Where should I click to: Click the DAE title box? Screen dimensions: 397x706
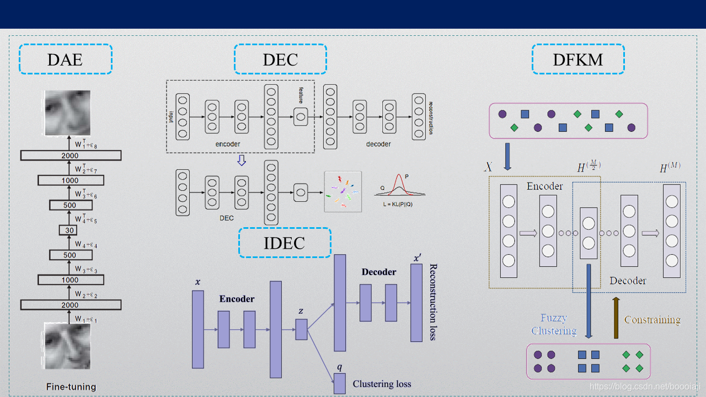pos(65,59)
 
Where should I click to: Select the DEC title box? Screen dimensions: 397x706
pos(280,59)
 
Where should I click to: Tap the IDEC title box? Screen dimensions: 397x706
pos(285,243)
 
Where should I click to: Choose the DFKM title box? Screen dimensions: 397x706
pos(578,59)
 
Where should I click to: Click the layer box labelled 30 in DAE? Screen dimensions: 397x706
pos(69,230)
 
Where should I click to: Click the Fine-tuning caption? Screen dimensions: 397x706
pos(71,387)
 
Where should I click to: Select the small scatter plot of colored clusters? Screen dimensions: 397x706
pos(343,191)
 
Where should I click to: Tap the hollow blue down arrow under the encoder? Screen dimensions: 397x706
pos(241,160)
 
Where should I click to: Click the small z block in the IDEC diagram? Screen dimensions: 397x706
pos(301,329)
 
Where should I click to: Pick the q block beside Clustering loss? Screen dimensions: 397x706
pos(339,383)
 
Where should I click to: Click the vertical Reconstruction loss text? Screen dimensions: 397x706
pos(433,302)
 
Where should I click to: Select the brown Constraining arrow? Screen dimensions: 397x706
pos(616,317)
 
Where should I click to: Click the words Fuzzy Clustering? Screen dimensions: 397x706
pos(554,324)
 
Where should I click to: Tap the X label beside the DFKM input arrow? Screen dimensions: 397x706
pos(488,167)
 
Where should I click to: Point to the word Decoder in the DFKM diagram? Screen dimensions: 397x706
pos(628,281)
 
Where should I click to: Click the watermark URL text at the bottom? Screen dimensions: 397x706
pos(643,387)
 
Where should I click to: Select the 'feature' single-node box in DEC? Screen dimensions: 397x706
pos(301,117)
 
